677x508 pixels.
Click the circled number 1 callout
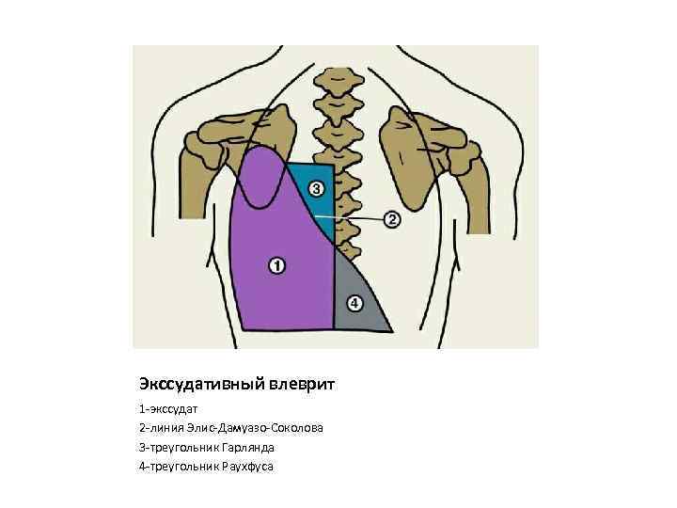[276, 266]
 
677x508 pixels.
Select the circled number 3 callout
[317, 188]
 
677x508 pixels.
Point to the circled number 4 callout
[354, 303]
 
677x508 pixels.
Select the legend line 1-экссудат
[173, 409]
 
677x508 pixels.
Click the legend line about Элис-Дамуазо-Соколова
[231, 428]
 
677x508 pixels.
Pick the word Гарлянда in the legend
[231, 447]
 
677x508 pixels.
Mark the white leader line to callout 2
[353, 218]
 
